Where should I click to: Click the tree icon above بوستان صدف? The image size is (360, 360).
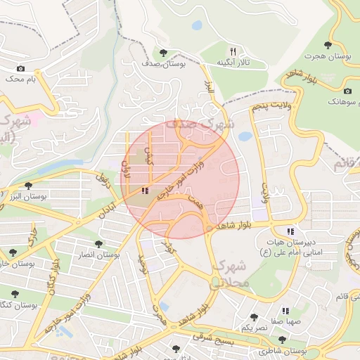(163, 53)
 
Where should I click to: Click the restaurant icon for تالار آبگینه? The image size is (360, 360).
(233, 51)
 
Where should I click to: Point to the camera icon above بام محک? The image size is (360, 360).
(20, 68)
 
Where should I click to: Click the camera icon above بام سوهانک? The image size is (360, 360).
(347, 91)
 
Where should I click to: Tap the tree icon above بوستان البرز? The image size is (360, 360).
(28, 186)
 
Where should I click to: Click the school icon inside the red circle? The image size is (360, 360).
(145, 191)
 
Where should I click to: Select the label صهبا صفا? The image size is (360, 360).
(288, 321)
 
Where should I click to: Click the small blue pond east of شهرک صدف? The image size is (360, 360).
(245, 136)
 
